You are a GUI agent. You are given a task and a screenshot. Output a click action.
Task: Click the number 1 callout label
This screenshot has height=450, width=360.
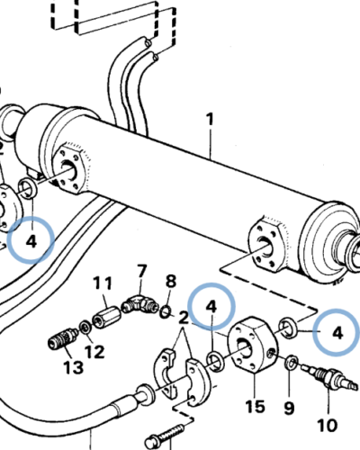(211, 119)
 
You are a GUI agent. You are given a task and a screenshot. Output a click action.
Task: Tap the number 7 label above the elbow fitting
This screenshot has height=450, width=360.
(141, 271)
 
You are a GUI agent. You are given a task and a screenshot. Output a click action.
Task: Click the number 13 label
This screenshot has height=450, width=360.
(72, 367)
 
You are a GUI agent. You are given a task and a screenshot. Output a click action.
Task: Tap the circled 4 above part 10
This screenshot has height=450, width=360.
(337, 331)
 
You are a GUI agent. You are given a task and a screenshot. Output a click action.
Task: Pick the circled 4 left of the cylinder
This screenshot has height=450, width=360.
(31, 240)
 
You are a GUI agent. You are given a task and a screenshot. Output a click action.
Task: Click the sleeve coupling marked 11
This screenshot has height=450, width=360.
(108, 317)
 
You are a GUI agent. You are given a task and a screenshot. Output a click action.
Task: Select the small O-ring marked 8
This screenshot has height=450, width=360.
(166, 311)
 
